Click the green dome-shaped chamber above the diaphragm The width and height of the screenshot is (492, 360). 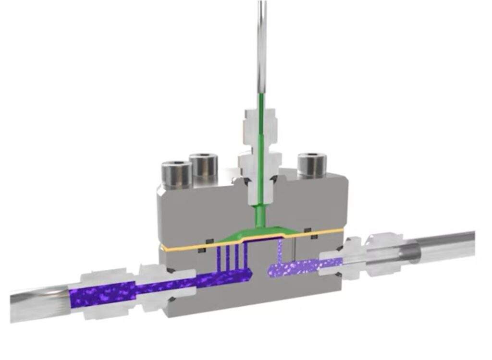259,231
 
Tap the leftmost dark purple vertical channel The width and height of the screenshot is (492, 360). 220,257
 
